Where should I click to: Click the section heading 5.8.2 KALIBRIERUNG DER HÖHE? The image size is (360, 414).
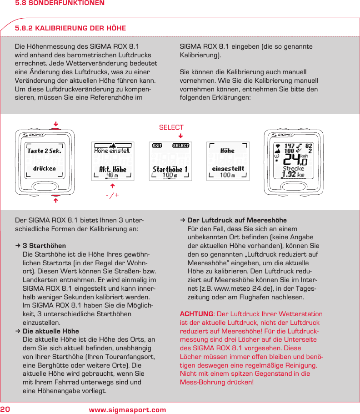click(x=70, y=29)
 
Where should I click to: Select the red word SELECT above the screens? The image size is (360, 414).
click(x=171, y=127)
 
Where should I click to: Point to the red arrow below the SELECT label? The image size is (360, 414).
click(x=180, y=136)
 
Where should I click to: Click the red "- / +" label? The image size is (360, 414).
click(x=112, y=195)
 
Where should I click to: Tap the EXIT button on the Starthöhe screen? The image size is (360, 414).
click(x=157, y=146)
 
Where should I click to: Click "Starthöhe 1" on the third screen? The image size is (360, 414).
click(x=170, y=169)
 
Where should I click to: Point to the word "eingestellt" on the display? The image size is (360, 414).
click(x=228, y=168)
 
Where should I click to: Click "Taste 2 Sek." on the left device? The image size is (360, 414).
click(x=44, y=151)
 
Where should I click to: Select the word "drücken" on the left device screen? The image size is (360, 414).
click(x=45, y=168)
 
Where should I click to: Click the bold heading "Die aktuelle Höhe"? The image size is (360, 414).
click(x=50, y=331)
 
